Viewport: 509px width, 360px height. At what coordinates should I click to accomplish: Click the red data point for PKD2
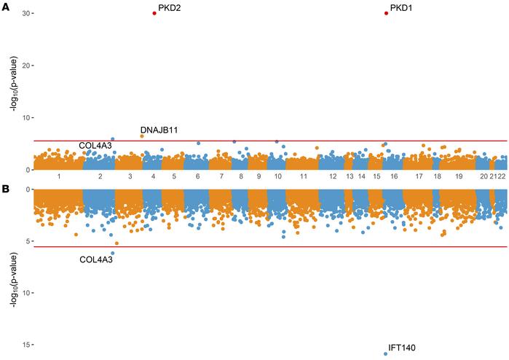point(154,13)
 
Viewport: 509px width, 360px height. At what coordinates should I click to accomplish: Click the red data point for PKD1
point(386,13)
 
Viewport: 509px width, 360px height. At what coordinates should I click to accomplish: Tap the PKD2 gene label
point(170,8)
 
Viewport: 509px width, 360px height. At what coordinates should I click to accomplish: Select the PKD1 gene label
point(401,8)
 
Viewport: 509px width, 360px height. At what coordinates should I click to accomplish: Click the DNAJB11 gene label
point(159,130)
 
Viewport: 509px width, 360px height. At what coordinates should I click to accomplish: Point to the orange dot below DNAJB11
point(142,136)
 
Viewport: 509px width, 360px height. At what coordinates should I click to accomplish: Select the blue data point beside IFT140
point(385,353)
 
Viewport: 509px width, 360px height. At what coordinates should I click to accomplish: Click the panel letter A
point(5,7)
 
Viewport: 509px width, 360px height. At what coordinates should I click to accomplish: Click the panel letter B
point(5,189)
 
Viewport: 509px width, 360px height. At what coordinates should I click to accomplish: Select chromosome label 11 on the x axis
point(303,177)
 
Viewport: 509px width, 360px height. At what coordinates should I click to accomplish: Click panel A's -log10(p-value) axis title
point(14,91)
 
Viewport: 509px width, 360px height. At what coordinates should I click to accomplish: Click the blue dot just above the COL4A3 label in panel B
point(112,253)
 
